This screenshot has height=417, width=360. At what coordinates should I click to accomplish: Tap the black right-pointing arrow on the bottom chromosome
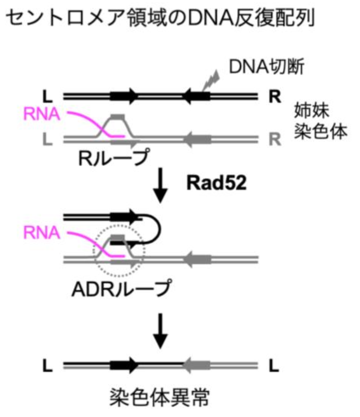(124, 365)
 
